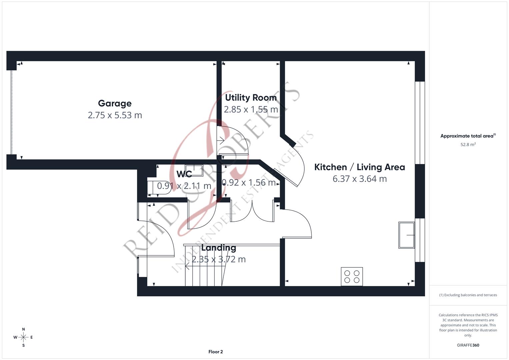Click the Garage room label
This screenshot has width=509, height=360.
115,103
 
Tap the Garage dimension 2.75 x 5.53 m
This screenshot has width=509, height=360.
115,115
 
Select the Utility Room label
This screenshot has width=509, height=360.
251,98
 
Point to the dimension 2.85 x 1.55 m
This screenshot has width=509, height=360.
251,109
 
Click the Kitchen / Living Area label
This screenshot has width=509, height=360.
359,167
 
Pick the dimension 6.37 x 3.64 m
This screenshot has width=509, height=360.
359,179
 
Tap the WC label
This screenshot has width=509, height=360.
184,174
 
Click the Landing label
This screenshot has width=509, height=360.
218,248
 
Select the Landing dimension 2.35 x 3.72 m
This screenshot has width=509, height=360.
218,259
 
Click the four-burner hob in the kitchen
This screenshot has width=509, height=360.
352,276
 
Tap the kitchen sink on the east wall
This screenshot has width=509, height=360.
406,235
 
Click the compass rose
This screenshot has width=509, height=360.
23,337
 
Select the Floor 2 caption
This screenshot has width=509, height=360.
215,352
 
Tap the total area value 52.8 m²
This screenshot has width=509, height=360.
468,145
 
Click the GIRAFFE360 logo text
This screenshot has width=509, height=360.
468,345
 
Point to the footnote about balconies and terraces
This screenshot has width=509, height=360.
468,295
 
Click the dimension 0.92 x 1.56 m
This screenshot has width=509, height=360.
249,183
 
